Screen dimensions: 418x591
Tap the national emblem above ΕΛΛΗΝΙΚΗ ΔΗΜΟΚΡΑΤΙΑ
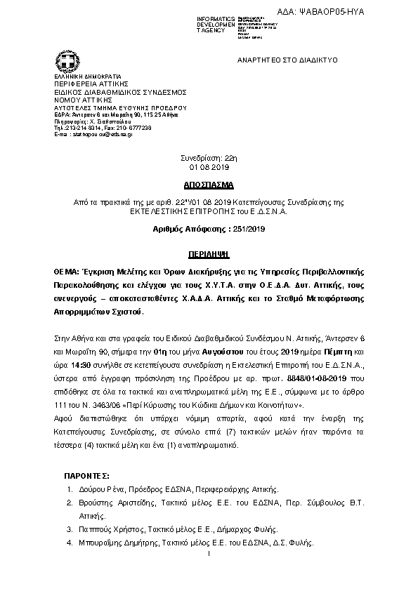coord(57,61)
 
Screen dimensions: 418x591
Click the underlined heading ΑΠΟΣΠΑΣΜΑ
coord(210,188)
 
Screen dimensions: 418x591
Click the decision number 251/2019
coord(245,228)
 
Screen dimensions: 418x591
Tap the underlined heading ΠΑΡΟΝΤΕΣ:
coord(86,477)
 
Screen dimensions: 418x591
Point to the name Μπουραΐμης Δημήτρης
coord(117,543)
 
